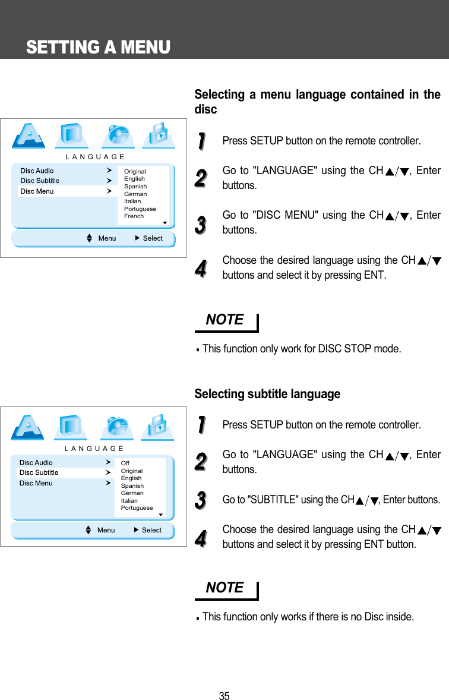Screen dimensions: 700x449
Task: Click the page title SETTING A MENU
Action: tap(98, 47)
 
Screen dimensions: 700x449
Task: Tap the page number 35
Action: tap(224, 696)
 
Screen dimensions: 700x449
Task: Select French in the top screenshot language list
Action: tap(134, 216)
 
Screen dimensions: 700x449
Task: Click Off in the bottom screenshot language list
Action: tap(125, 463)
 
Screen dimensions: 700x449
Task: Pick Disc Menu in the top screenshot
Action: tap(37, 191)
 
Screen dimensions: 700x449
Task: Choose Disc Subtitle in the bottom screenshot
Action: tap(39, 472)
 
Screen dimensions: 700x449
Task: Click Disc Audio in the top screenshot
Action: tap(37, 171)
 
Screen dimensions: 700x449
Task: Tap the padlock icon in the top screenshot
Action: tap(157, 134)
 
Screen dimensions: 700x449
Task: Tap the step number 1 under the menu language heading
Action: tap(201, 141)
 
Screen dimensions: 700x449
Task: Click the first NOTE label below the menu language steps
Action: tap(224, 320)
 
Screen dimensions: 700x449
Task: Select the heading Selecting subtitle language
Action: tap(267, 394)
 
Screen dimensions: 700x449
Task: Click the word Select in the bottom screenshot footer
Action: tap(151, 530)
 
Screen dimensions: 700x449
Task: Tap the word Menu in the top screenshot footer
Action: tap(107, 238)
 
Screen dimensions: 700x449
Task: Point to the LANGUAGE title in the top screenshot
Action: tap(95, 157)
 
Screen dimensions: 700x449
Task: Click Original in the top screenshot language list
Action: tap(135, 171)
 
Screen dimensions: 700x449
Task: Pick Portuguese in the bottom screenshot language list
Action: tap(137, 508)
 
